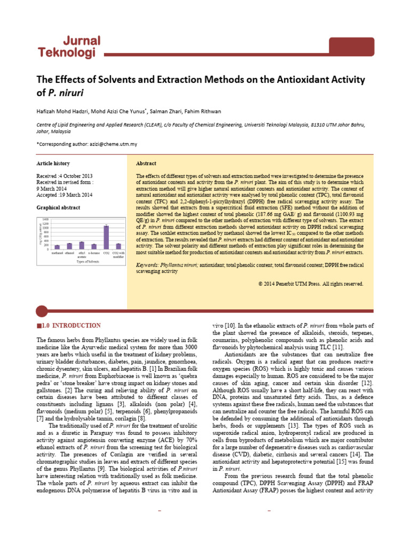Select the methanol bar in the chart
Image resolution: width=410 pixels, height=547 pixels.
pyautogui.click(x=57, y=247)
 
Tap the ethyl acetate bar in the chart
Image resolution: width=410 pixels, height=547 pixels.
pyautogui.click(x=82, y=245)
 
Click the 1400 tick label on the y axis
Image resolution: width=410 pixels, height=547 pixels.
pyautogui.click(x=45, y=220)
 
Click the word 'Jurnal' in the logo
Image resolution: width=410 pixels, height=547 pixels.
pyautogui.click(x=79, y=41)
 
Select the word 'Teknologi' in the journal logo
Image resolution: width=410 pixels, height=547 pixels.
pyautogui.click(x=67, y=52)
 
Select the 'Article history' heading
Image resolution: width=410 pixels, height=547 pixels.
pyautogui.click(x=53, y=163)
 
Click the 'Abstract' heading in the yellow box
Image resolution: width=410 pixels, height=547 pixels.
pyautogui.click(x=146, y=163)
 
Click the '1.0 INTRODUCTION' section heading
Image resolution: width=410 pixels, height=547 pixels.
pyautogui.click(x=70, y=325)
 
